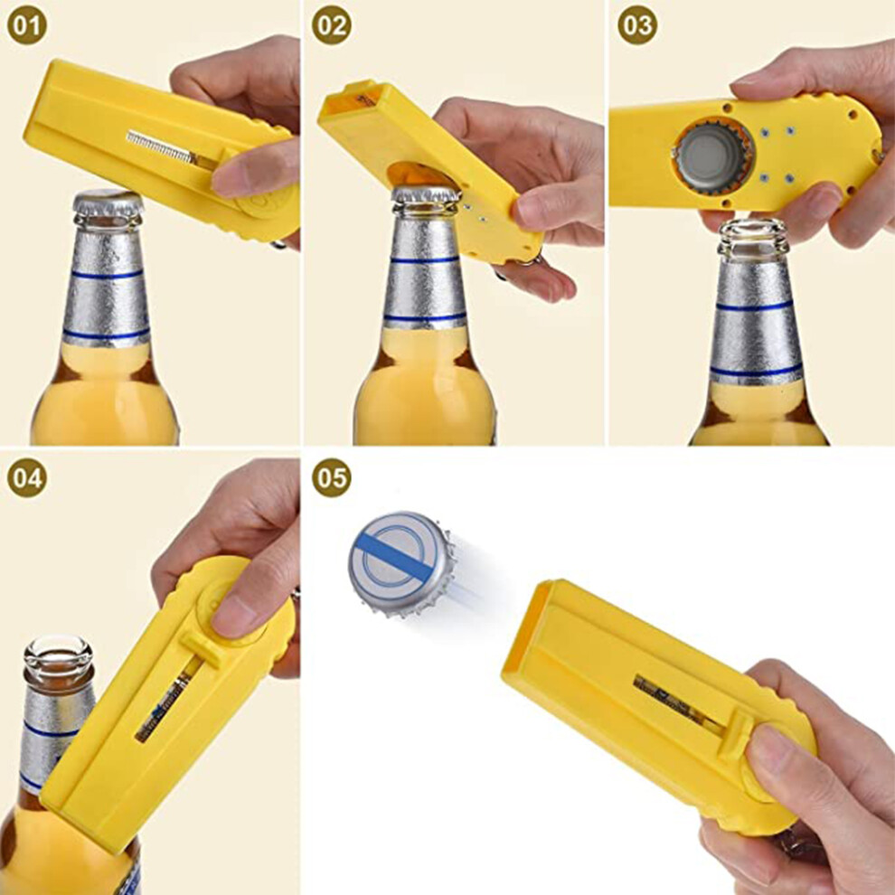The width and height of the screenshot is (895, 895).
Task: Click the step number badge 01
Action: point(27,25)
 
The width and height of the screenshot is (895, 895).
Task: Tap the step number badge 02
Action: point(332,25)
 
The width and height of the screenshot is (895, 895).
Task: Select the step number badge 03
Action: point(637,25)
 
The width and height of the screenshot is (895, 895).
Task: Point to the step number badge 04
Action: point(27,477)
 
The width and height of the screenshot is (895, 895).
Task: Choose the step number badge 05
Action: point(332,477)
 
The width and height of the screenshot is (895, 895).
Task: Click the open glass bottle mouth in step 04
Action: point(58,655)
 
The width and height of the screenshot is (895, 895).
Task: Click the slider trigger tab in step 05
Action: point(736,736)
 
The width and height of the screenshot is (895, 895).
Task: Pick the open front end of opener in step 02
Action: point(350,99)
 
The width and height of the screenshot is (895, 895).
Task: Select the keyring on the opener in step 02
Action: point(528,261)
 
